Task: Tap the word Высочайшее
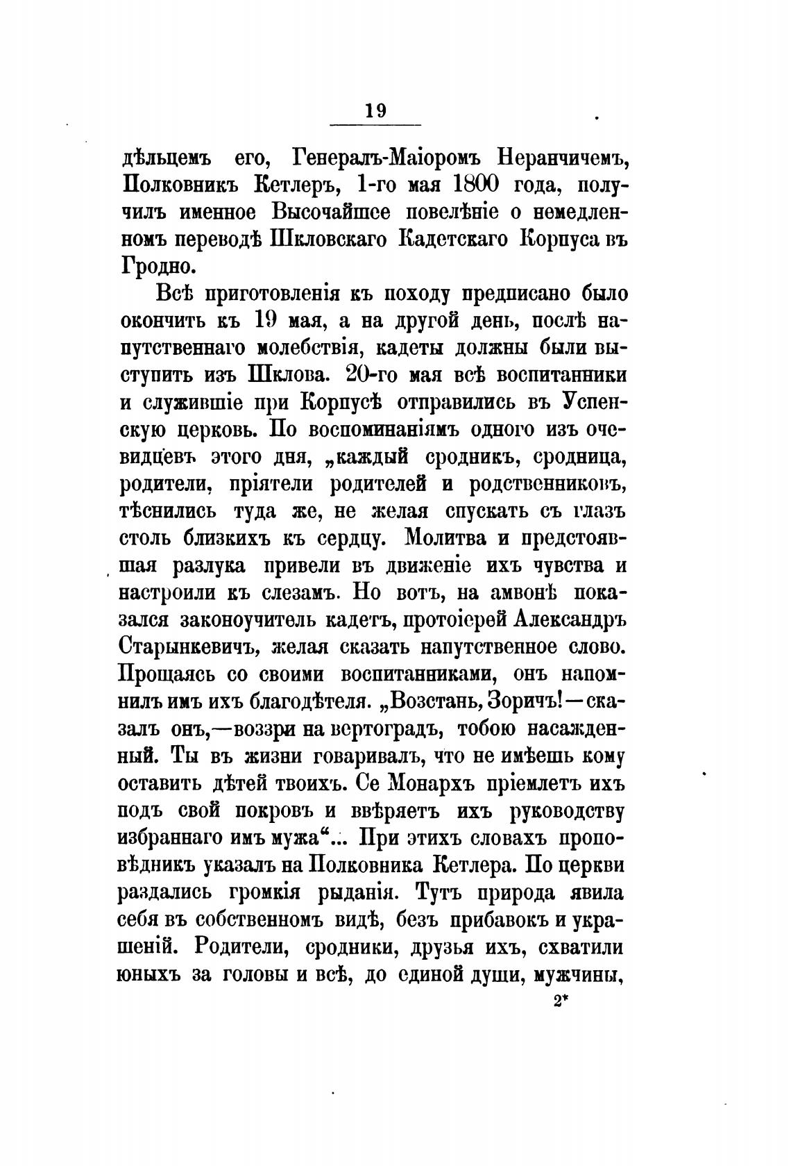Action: pyautogui.click(x=341, y=211)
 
